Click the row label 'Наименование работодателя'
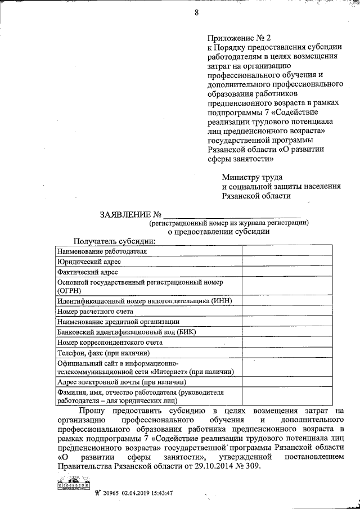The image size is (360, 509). [x=102, y=251]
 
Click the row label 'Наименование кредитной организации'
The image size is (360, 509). [x=117, y=321]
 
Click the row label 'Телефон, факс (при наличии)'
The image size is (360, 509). [x=103, y=353]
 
